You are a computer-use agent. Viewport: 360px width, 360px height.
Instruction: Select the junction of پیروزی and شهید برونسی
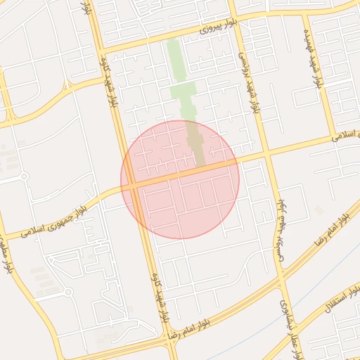click(237, 21)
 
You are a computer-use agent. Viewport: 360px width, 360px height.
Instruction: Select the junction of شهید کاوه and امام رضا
click(169, 337)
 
